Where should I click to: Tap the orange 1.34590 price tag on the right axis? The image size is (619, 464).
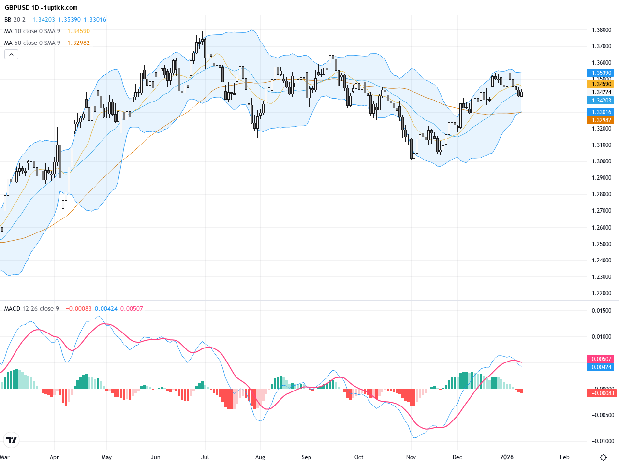click(602, 84)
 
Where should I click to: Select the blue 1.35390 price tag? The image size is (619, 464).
click(602, 73)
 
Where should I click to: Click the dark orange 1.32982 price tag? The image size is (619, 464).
click(602, 120)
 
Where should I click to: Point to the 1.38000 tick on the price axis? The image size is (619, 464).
click(602, 30)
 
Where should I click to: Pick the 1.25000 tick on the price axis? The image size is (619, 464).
click(602, 244)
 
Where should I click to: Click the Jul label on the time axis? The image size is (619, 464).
click(205, 457)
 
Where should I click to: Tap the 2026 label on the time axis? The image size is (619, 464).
click(507, 457)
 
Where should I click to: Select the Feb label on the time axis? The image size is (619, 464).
click(564, 457)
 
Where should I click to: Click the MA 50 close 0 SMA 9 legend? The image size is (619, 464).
click(32, 43)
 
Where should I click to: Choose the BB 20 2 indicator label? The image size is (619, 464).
click(15, 20)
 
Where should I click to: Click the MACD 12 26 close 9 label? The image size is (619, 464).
click(31, 309)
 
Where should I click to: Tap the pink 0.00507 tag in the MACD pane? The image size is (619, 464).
click(602, 359)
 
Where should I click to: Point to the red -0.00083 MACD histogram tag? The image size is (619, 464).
click(602, 393)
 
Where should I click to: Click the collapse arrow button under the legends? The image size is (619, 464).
click(11, 55)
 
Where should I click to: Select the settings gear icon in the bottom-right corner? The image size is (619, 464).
click(603, 457)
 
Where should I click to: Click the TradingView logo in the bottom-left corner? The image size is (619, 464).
click(11, 440)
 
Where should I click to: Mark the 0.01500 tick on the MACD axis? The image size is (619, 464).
click(602, 311)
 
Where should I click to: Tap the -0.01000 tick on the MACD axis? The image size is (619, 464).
click(602, 441)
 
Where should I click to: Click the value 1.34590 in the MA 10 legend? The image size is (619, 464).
click(78, 31)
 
